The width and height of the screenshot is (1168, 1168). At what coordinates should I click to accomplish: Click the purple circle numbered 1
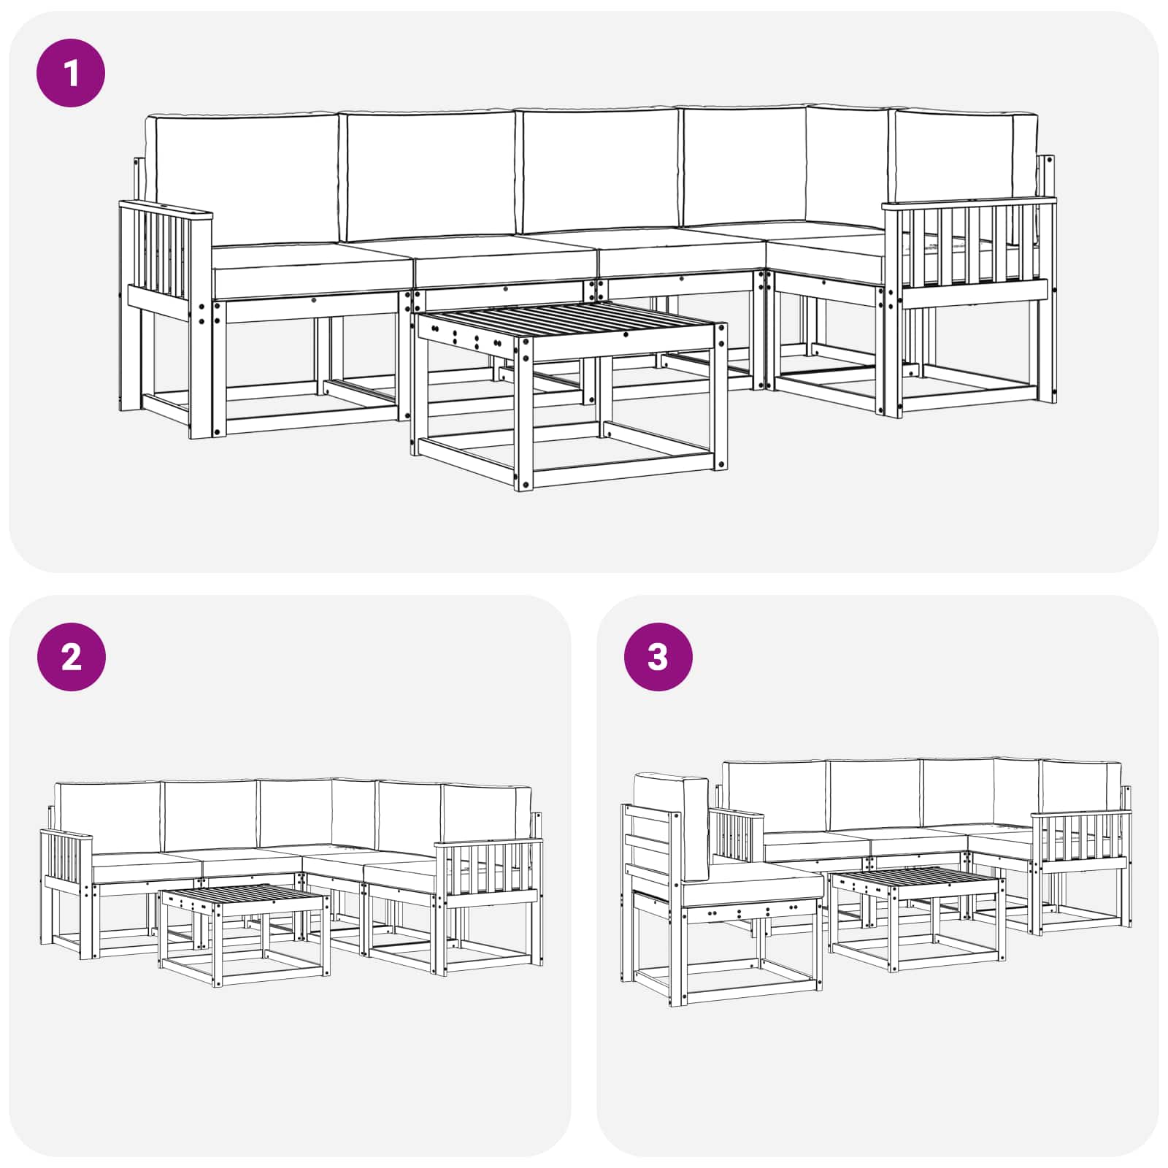(x=71, y=73)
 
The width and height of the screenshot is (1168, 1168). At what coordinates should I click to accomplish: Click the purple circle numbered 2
(x=71, y=657)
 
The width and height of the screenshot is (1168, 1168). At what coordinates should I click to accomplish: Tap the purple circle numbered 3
(x=658, y=657)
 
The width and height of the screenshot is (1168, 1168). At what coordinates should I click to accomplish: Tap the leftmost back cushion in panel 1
(x=241, y=179)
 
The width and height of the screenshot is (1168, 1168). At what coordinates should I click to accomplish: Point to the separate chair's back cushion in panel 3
(x=672, y=825)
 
